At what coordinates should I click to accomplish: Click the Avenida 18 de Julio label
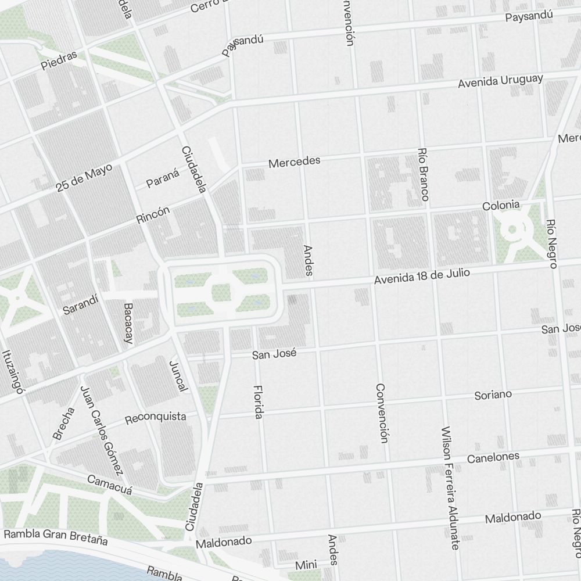pos(421,276)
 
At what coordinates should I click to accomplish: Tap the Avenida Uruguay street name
pos(500,81)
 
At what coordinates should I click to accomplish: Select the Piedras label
pos(59,60)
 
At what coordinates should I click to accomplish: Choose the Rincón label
pos(153,215)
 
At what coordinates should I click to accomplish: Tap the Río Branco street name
pos(423,174)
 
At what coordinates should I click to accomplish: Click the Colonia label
pos(500,206)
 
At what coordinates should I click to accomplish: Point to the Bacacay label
pos(128,322)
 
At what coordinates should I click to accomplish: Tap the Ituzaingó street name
pos(12,372)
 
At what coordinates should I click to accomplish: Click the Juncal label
pos(178,375)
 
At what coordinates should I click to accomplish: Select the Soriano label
pos(493,395)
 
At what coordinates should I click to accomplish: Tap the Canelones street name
pos(493,457)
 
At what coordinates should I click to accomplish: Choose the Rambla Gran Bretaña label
pos(56,536)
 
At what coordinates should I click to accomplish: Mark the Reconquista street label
pos(156,417)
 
